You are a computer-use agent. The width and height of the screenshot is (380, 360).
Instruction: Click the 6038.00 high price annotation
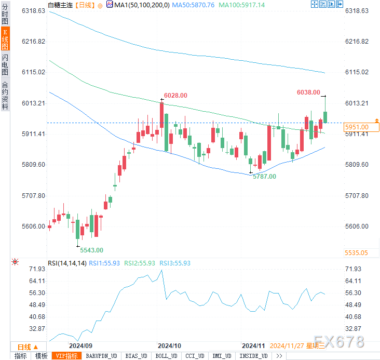pyautogui.click(x=308, y=92)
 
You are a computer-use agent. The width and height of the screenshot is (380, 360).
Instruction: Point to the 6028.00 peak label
pyautogui.click(x=175, y=96)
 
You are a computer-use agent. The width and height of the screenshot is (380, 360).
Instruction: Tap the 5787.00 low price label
pyautogui.click(x=264, y=177)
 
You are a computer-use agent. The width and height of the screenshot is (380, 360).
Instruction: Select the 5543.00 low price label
pyautogui.click(x=91, y=250)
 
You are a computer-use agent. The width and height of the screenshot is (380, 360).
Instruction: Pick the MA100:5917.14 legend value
pyautogui.click(x=242, y=5)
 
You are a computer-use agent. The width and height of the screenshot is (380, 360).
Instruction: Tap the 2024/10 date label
pyautogui.click(x=169, y=345)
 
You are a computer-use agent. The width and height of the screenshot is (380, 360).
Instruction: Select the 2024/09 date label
pyautogui.click(x=80, y=345)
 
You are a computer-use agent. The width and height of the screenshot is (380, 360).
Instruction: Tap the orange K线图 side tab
pyautogui.click(x=5, y=40)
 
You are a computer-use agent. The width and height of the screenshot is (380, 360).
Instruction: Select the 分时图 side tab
pyautogui.click(x=5, y=14)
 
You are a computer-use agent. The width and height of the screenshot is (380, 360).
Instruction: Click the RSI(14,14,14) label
pyautogui.click(x=67, y=263)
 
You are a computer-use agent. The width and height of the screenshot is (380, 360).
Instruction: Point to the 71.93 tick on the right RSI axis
pyautogui.click(x=352, y=269)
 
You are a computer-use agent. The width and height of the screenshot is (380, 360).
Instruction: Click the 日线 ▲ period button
pyautogui.click(x=28, y=346)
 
